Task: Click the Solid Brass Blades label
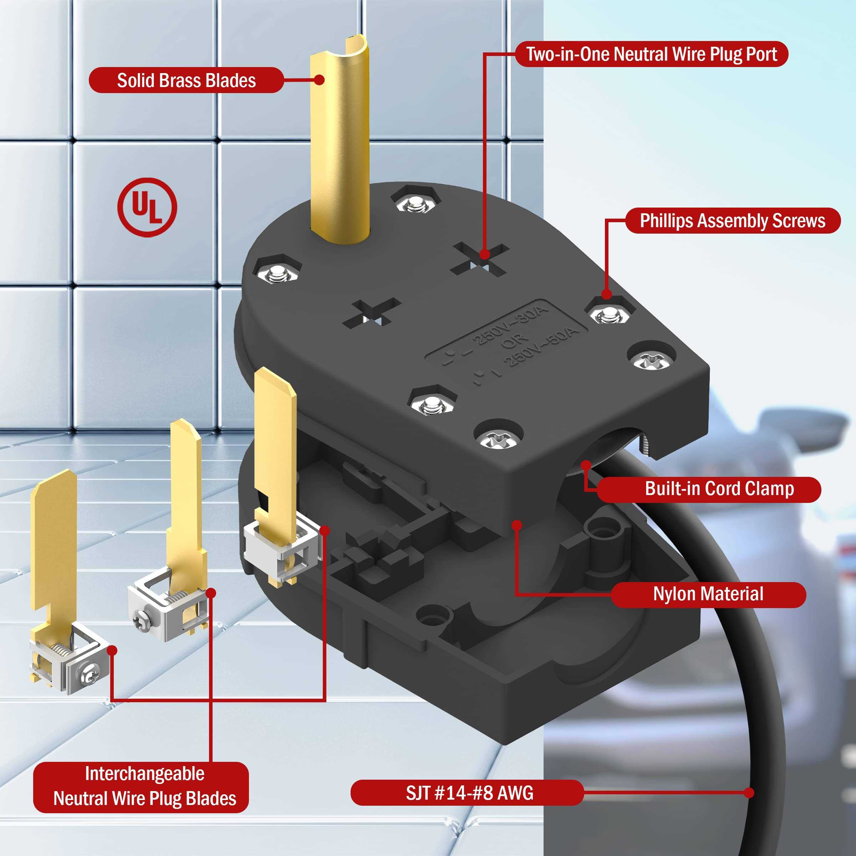186,80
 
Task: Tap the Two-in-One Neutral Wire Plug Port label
651,54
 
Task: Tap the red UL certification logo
147,207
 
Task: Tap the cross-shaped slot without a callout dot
372,313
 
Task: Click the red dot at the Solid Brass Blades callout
319,80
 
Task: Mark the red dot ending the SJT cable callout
749,793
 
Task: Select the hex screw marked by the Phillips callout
610,314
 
